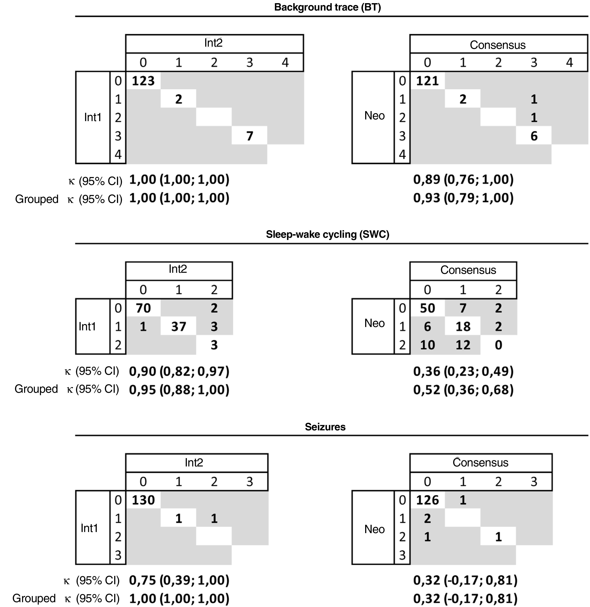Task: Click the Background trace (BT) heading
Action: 327,7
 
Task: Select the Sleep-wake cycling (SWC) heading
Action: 327,234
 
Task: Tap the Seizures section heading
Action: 325,427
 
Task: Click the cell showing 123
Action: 143,81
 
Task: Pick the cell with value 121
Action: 427,81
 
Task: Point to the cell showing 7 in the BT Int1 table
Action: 249,136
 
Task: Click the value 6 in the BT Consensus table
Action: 534,136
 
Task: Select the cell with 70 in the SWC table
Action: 143,308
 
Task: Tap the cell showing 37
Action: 179,326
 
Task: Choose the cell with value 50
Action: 427,308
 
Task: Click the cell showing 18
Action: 463,326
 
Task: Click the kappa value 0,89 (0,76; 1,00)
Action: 463,180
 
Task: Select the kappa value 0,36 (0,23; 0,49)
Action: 463,371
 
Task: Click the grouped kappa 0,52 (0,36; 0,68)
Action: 463,390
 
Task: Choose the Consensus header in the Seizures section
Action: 481,463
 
